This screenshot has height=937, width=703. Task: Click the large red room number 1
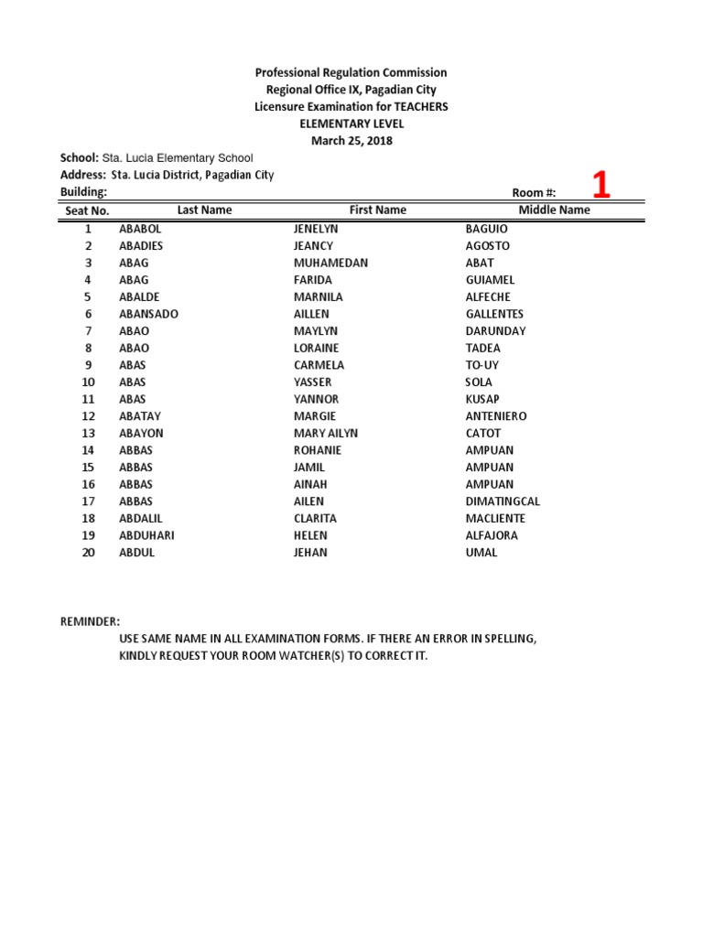pyautogui.click(x=600, y=185)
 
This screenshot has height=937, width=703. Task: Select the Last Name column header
pyautogui.click(x=205, y=210)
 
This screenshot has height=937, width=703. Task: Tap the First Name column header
pyautogui.click(x=377, y=210)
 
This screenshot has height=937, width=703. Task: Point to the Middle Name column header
pyautogui.click(x=555, y=210)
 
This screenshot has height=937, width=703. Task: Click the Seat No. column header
pyautogui.click(x=88, y=211)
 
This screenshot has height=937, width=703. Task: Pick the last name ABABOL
pyautogui.click(x=140, y=229)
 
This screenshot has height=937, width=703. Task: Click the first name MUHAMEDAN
pyautogui.click(x=330, y=263)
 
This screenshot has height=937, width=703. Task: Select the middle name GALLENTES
pyautogui.click(x=494, y=314)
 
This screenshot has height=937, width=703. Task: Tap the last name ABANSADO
pyautogui.click(x=148, y=314)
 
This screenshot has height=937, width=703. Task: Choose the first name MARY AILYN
pyautogui.click(x=326, y=433)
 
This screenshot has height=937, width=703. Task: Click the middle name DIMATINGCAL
pyautogui.click(x=503, y=501)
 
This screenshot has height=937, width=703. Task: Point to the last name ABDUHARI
pyautogui.click(x=146, y=535)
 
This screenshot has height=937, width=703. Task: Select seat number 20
pyautogui.click(x=89, y=553)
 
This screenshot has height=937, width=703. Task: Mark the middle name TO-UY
pyautogui.click(x=482, y=365)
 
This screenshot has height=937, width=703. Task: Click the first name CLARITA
pyautogui.click(x=315, y=518)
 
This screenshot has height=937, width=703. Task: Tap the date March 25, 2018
pyautogui.click(x=351, y=141)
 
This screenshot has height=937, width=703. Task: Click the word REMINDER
pyautogui.click(x=90, y=622)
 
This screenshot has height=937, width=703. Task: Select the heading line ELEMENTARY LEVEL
pyautogui.click(x=351, y=124)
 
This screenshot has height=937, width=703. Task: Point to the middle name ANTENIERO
pyautogui.click(x=496, y=416)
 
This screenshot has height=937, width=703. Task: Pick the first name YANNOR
pyautogui.click(x=316, y=399)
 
